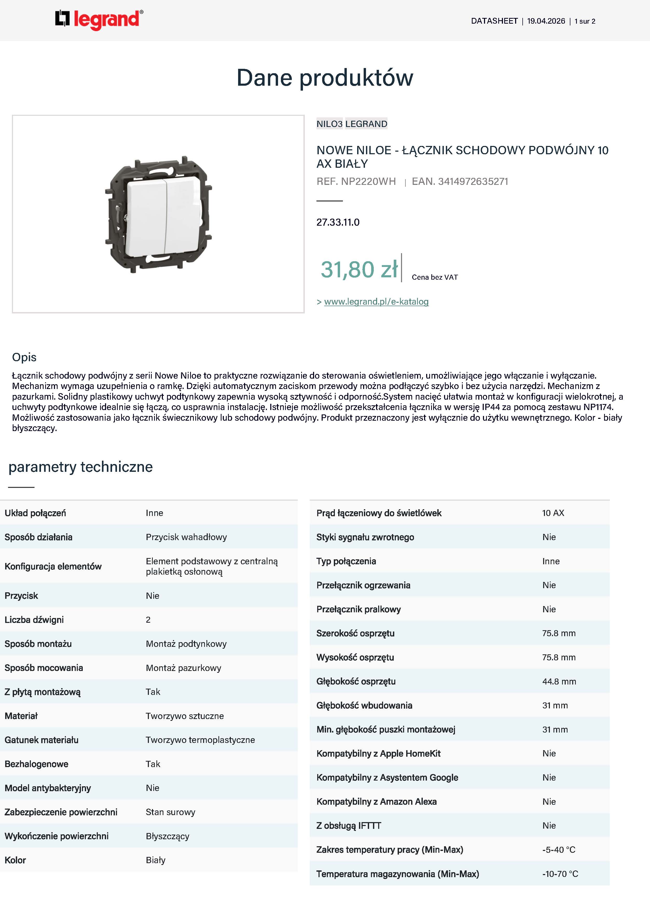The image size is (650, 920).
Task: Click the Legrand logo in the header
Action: [99, 20]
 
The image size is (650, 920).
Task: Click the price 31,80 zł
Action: [359, 269]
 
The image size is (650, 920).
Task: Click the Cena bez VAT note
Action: [435, 277]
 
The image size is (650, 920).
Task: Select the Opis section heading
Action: [24, 357]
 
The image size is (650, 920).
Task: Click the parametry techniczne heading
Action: [80, 467]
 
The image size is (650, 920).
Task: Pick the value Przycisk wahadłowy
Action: [186, 537]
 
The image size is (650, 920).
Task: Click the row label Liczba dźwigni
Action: [34, 620]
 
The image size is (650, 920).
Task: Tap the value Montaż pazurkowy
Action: [183, 668]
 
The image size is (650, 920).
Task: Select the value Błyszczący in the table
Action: [167, 836]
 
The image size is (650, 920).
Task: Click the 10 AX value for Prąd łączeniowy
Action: [553, 513]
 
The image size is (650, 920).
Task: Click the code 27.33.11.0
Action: [338, 222]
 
